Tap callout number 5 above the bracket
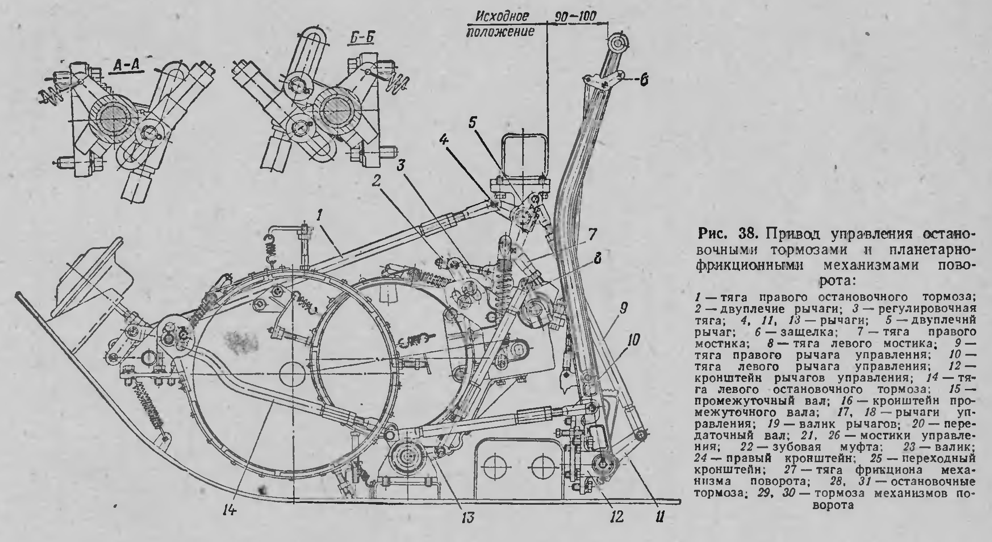point(471,123)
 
